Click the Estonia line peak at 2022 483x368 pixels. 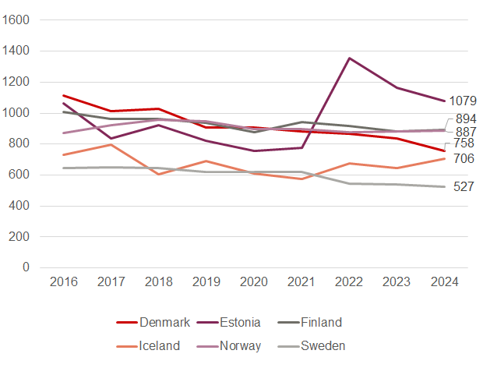[x=349, y=58]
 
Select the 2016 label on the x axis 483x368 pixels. [x=64, y=281]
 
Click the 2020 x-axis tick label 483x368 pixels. [x=254, y=281]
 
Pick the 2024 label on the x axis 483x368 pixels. [x=444, y=281]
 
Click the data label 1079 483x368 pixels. [x=464, y=101]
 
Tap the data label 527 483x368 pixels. [x=464, y=187]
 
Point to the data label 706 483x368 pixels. [x=464, y=159]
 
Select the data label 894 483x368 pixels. [x=467, y=119]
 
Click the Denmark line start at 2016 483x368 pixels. [x=64, y=96]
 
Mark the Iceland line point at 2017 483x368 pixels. [x=111, y=144]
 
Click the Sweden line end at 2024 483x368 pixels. [x=444, y=186]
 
